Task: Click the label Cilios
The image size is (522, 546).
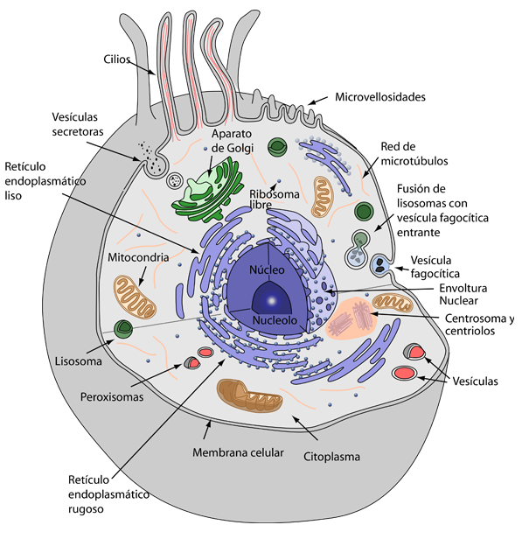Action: [117, 59]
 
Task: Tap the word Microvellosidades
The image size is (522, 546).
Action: [380, 97]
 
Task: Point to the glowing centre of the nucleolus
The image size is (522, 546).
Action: [272, 300]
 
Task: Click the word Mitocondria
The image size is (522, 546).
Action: [138, 257]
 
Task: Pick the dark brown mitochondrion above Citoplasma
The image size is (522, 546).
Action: [249, 395]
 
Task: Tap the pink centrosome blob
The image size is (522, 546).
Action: [351, 318]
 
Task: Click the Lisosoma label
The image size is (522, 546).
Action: [79, 361]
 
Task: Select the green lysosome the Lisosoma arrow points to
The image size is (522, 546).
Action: [123, 329]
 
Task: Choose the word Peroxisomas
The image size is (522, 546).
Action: [112, 397]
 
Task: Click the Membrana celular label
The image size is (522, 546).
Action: [238, 452]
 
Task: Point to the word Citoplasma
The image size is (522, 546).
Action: [331, 457]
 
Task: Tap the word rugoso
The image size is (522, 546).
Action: [86, 509]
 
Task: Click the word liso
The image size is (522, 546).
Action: [13, 196]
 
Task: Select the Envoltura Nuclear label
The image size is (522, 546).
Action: [463, 294]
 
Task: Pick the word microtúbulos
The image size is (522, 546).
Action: [414, 161]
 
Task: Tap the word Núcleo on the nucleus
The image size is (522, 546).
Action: [267, 269]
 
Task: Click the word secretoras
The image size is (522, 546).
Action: [78, 131]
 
